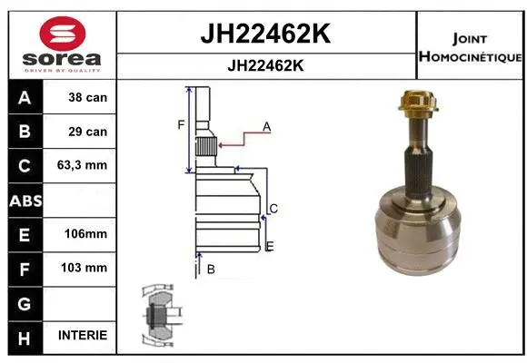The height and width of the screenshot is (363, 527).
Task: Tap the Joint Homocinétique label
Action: tap(470, 47)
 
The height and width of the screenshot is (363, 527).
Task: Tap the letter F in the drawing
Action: tap(181, 124)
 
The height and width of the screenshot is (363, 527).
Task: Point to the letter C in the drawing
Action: tap(273, 209)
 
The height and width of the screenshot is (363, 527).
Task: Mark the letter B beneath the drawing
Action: tap(210, 269)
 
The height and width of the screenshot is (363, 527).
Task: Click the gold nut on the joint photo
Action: tap(417, 106)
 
